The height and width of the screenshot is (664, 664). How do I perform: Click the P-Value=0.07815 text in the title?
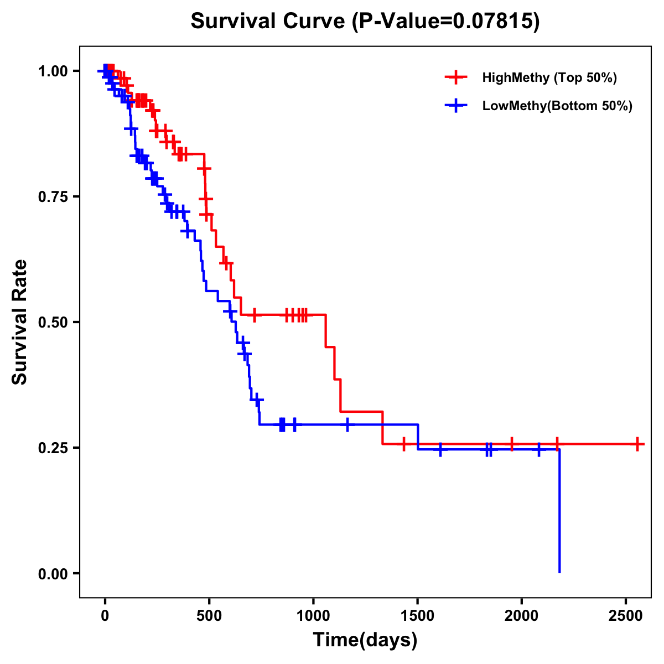tap(447, 21)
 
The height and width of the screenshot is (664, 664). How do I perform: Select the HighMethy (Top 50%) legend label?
tap(549, 77)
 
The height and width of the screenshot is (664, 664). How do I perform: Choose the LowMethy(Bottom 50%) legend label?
tap(557, 106)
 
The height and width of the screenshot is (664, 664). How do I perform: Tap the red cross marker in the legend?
tap(456, 77)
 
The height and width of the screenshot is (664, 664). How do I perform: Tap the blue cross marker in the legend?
tap(456, 106)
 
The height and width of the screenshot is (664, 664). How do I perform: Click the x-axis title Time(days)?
tap(365, 640)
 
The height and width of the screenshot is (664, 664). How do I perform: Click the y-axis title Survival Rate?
tap(20, 322)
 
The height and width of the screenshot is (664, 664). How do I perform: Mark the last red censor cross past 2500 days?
tap(637, 444)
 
